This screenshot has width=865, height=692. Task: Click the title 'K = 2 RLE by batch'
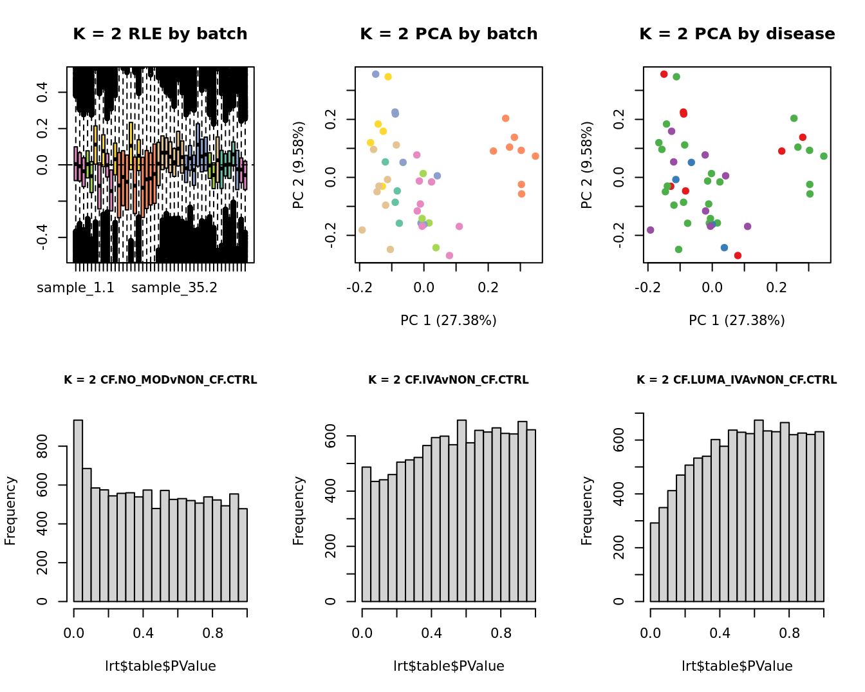[160, 34]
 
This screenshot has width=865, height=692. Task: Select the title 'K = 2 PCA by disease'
[737, 34]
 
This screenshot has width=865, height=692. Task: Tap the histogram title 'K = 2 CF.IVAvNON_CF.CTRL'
[448, 380]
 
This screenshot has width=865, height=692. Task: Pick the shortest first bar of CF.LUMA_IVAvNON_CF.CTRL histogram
[655, 561]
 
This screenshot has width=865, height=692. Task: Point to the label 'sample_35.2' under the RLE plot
[174, 288]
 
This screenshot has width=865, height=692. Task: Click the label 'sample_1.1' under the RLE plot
[75, 288]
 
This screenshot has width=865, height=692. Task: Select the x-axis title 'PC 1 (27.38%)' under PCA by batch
[448, 321]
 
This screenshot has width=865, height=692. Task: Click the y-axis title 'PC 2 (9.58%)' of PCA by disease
[586, 165]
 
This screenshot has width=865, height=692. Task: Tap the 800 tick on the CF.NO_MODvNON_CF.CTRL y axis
[42, 446]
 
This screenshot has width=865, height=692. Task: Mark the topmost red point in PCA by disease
[664, 74]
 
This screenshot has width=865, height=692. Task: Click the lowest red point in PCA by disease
[738, 256]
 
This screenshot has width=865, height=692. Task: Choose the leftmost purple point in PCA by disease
[650, 230]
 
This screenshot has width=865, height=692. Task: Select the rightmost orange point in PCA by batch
[535, 156]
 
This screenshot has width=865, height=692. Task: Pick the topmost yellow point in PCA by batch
[388, 77]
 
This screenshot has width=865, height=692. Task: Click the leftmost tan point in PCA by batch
[362, 230]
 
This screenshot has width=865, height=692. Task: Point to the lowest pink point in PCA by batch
[449, 256]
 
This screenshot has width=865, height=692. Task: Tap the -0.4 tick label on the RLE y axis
[42, 238]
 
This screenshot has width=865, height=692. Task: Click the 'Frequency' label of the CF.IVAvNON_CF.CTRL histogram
[298, 510]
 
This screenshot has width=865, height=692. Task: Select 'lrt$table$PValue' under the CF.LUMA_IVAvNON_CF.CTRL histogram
[737, 666]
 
